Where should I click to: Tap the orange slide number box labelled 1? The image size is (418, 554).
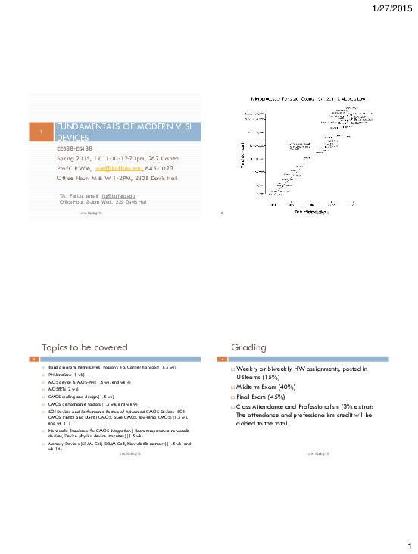click(42, 133)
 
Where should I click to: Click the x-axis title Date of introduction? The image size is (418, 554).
click(310, 213)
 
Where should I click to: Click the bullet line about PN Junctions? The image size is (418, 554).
click(68, 374)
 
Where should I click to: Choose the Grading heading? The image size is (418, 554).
click(249, 347)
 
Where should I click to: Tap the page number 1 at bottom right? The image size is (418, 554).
click(407, 546)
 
